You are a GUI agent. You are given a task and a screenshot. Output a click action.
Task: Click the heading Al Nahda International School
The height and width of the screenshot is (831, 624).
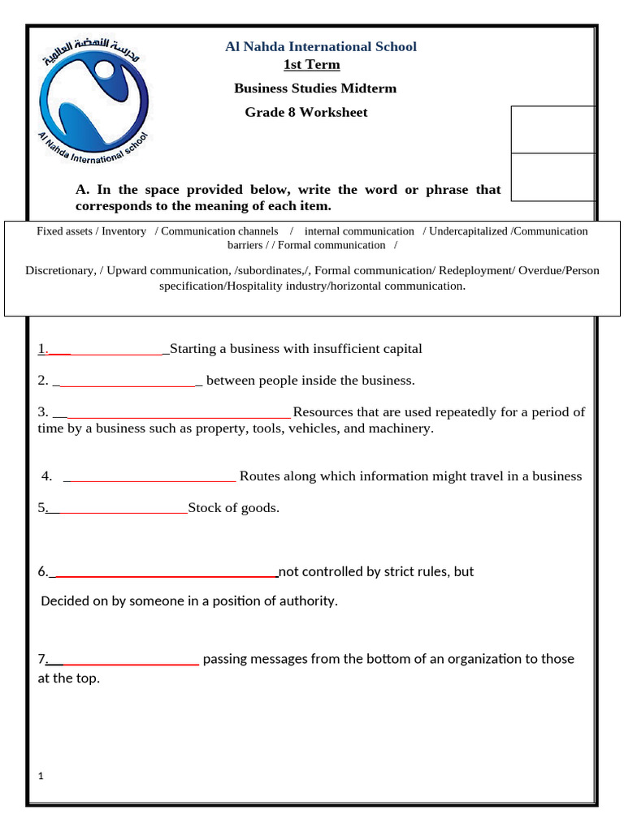pos(320,47)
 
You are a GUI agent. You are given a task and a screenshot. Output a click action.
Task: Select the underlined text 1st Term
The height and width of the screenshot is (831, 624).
pos(311,65)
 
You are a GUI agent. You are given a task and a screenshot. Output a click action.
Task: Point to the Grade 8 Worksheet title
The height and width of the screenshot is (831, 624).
pos(306,112)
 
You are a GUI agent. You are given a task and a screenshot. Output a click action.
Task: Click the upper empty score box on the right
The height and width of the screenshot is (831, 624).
pos(552,129)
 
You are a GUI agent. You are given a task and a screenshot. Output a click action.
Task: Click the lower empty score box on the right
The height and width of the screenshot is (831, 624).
pos(552,177)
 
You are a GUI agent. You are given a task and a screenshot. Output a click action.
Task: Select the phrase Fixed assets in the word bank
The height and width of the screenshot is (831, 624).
pos(65,231)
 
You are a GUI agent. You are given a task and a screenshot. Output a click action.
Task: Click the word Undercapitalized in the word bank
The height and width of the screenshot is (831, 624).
pos(469,231)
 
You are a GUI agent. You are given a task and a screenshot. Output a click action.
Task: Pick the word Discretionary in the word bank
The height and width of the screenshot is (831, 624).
pos(59,270)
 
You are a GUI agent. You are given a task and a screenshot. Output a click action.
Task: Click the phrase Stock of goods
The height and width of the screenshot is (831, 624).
pos(233,508)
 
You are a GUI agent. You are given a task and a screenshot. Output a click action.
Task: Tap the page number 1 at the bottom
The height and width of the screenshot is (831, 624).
pos(41,777)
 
